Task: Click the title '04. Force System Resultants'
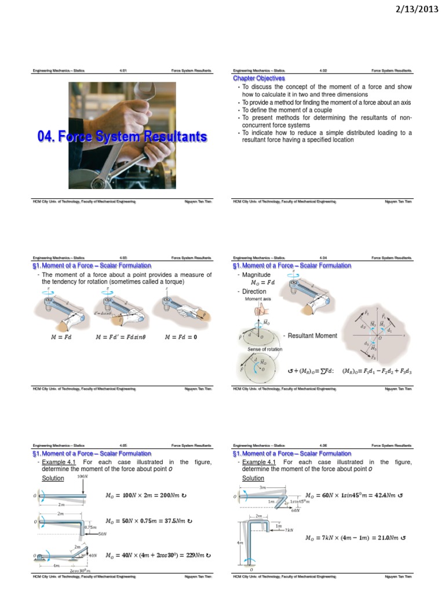(122, 137)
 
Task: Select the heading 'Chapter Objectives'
(258, 78)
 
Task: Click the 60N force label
(296, 510)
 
